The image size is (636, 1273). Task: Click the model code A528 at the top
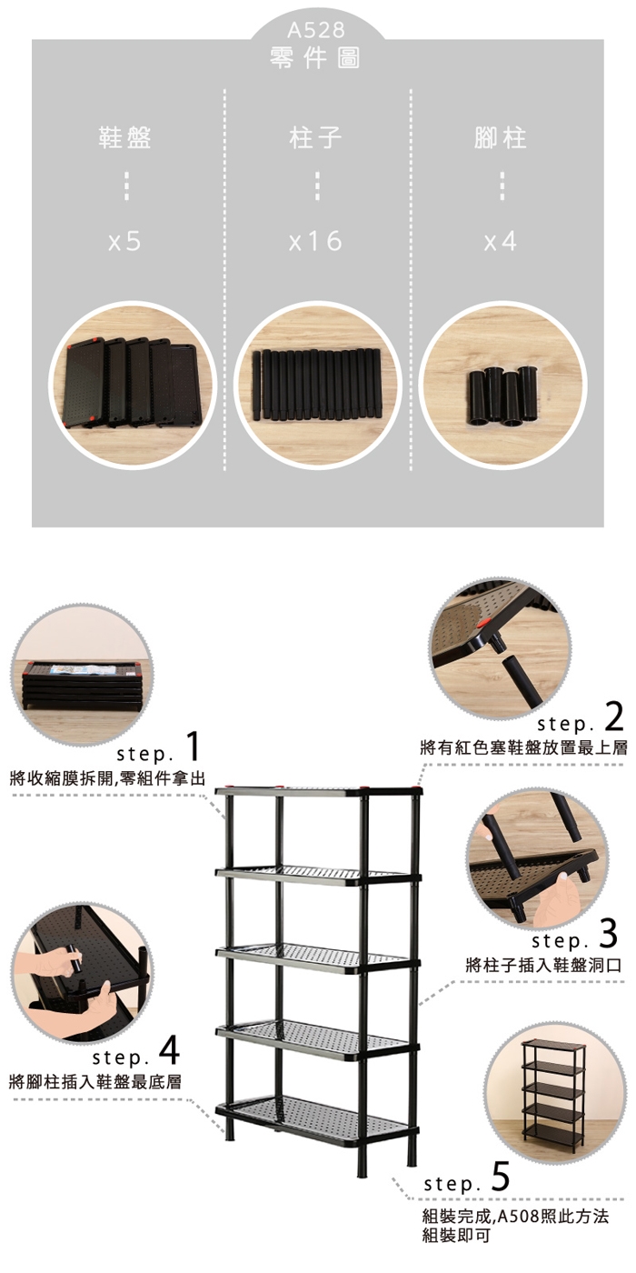(x=316, y=30)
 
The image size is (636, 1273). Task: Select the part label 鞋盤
(x=125, y=137)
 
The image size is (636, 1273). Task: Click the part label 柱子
(x=316, y=137)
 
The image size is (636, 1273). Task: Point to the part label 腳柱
(x=501, y=137)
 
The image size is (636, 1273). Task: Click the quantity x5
(x=124, y=242)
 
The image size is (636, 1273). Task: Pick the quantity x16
(x=316, y=242)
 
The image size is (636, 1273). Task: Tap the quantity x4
(x=501, y=242)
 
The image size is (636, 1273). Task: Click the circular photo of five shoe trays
(x=133, y=386)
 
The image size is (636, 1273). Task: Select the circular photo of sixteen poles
(x=317, y=386)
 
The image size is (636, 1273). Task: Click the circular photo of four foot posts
(x=503, y=386)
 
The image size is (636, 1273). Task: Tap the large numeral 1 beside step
(x=194, y=746)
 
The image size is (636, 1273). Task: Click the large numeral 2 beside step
(x=614, y=717)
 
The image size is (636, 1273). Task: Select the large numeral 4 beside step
(x=169, y=1050)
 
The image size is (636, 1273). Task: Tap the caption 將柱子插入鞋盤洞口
(x=543, y=965)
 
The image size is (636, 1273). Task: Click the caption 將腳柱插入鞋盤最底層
(x=95, y=1081)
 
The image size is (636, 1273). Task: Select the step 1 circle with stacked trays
(x=83, y=675)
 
